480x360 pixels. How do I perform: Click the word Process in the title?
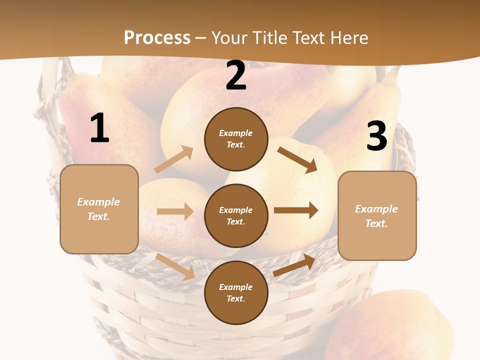pos(157,38)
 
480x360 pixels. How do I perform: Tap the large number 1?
pos(99,128)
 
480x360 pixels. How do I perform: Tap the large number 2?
pos(236,76)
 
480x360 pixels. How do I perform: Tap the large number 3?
pos(376,136)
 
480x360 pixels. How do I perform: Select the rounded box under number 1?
pos(99,209)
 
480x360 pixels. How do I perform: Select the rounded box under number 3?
pos(377,216)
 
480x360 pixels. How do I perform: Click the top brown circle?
pos(236,139)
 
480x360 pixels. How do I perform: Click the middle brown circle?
pos(236,216)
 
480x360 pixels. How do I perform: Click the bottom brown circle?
pos(236,293)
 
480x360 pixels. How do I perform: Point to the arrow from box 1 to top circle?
pos(174,159)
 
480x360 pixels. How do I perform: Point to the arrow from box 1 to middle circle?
pos(175,211)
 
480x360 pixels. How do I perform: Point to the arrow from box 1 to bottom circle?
pos(175,266)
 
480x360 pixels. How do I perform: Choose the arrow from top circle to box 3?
pos(297,160)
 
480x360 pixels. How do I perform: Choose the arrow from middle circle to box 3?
pos(296,210)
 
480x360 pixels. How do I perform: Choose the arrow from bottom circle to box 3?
pos(294,265)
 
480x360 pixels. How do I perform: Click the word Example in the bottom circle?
pos(236,287)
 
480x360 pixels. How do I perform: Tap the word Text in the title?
pos(309,38)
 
